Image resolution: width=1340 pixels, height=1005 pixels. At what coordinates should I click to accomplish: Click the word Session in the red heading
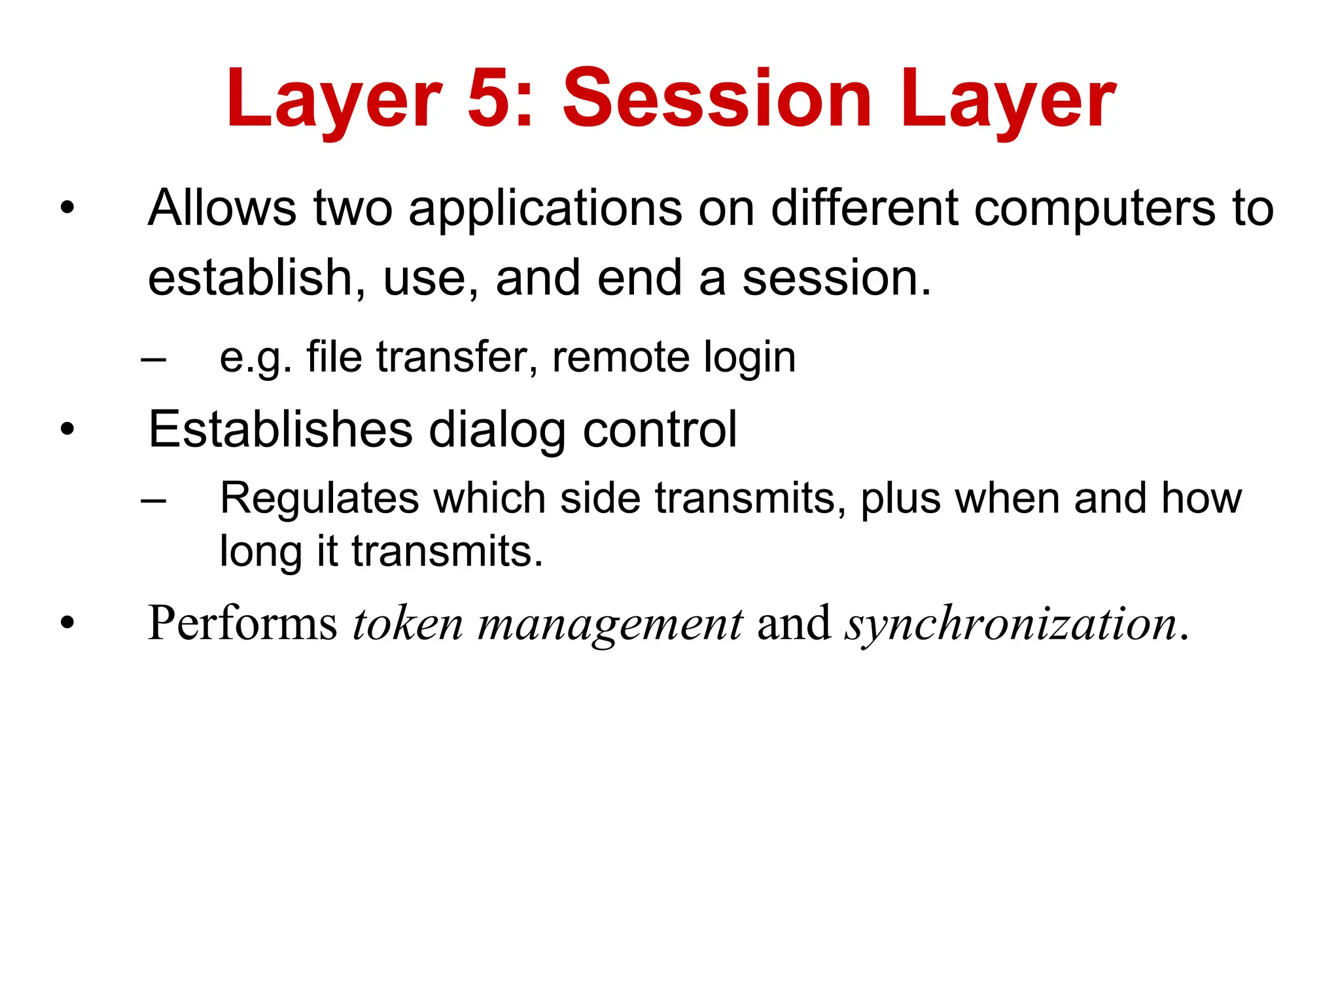click(x=717, y=99)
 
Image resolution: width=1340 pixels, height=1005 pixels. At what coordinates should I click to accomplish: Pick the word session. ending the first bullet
click(x=836, y=278)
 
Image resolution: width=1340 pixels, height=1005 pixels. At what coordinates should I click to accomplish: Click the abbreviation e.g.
click(x=255, y=359)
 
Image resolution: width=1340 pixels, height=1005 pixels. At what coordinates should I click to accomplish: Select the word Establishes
click(x=280, y=430)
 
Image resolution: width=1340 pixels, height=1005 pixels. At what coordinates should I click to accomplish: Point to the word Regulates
click(x=319, y=499)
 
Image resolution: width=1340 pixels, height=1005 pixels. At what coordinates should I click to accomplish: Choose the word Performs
click(x=242, y=623)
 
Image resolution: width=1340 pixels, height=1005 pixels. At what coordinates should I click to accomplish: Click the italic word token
click(x=408, y=623)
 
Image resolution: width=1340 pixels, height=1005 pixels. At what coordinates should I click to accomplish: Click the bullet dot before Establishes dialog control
click(x=67, y=430)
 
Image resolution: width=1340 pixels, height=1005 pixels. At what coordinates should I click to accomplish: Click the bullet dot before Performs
click(x=67, y=623)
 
